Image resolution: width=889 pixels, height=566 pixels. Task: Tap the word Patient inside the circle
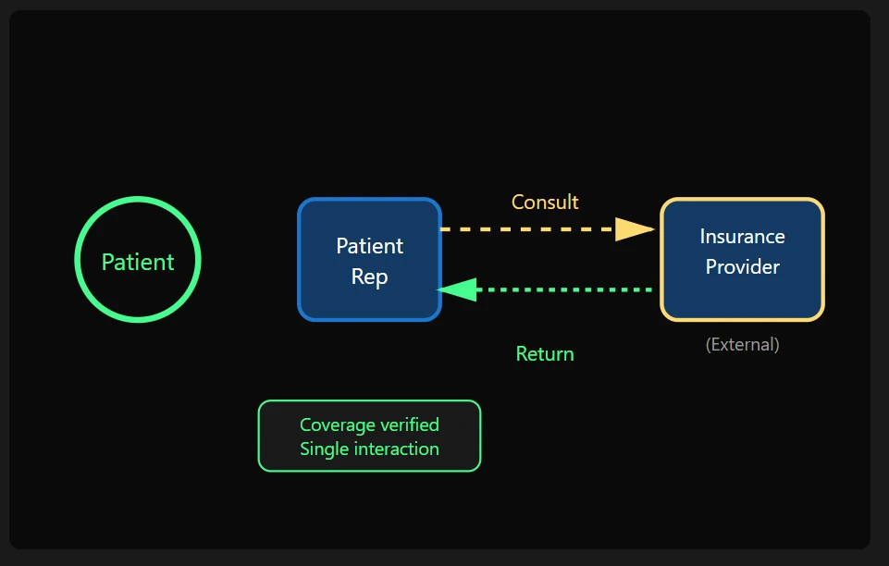138,262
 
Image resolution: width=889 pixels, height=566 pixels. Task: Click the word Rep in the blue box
369,277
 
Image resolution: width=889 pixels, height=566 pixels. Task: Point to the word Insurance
742,237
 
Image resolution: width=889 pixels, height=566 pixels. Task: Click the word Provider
742,267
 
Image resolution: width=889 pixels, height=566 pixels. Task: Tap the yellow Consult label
545,202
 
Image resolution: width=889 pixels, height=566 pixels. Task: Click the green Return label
545,354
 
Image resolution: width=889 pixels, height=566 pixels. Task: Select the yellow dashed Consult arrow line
527,228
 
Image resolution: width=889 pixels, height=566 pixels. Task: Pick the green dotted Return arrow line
564,289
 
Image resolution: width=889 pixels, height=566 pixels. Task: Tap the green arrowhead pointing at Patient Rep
456,289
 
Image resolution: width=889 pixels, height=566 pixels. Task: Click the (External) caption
742,345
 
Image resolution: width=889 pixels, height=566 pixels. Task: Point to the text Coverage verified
369,424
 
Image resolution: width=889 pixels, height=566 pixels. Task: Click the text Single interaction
369,449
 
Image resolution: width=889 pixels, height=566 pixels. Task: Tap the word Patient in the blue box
369,246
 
